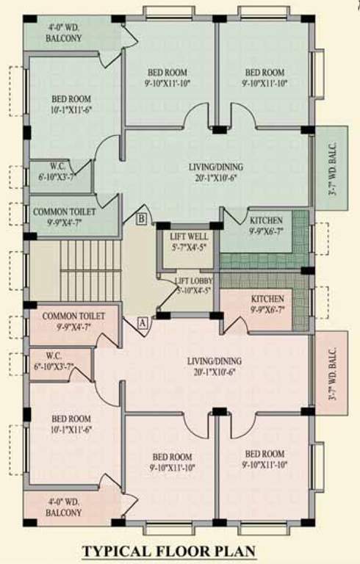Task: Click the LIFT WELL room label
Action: pyautogui.click(x=188, y=237)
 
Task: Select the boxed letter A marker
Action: pyautogui.click(x=141, y=321)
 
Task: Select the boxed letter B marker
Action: pyautogui.click(x=141, y=218)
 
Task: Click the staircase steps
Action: pyautogui.click(x=88, y=269)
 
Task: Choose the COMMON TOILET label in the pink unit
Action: pyautogui.click(x=72, y=316)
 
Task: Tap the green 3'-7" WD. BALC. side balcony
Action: pyautogui.click(x=332, y=178)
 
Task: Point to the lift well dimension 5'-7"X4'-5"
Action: pyautogui.click(x=188, y=247)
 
